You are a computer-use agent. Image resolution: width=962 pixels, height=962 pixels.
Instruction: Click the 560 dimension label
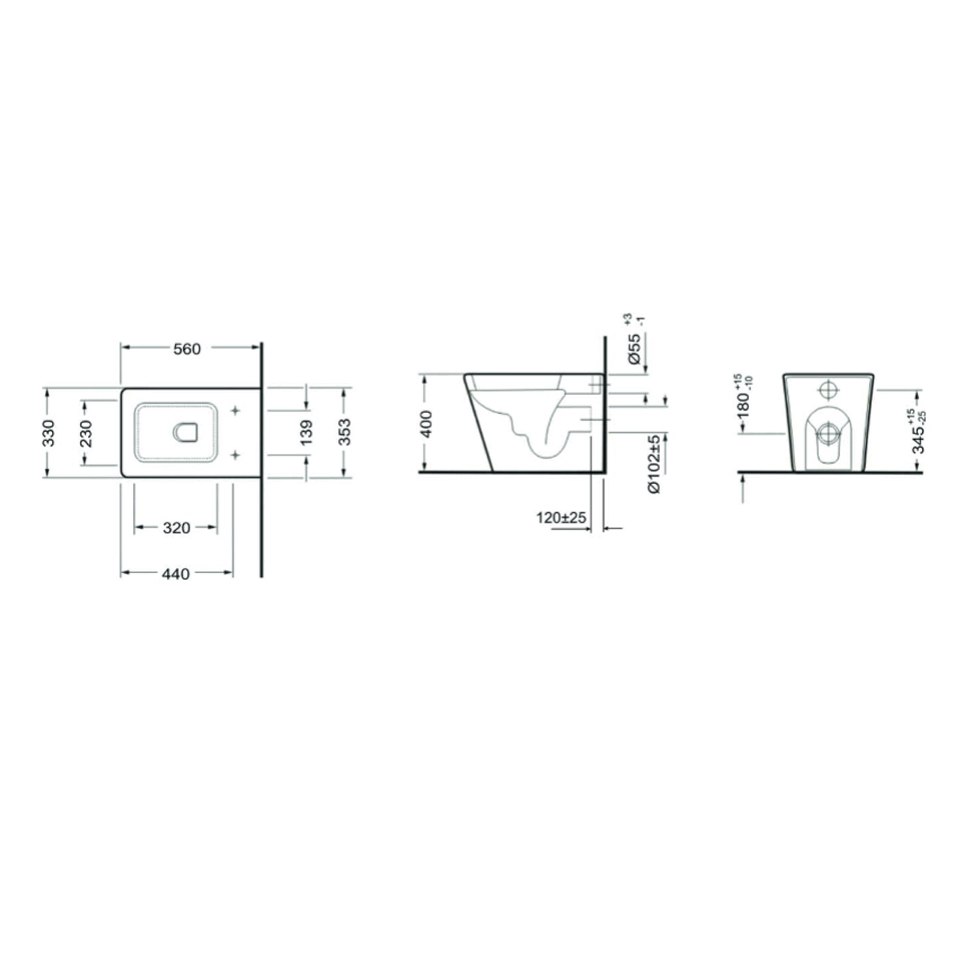point(187,349)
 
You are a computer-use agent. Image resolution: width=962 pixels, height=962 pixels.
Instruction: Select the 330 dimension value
point(49,432)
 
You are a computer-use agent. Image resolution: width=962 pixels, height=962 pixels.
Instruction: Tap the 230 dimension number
point(87,433)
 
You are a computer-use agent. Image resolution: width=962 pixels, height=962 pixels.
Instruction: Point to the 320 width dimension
point(176,528)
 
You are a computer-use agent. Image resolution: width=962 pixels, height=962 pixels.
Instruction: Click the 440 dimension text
point(176,574)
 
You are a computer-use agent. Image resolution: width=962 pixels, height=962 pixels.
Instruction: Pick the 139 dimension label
point(307,432)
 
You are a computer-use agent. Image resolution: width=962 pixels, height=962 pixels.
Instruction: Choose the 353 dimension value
point(345,432)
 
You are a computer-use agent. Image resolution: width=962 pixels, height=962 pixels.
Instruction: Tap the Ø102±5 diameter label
point(654,464)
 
